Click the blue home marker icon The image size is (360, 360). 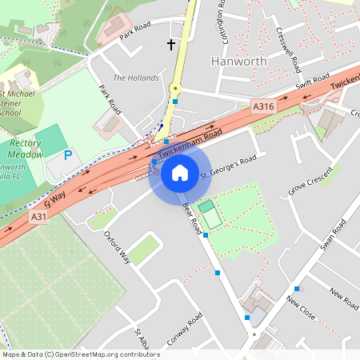click(180, 172)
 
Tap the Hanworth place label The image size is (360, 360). click(234, 61)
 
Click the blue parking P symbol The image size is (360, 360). click(67, 155)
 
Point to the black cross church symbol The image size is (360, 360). click(170, 44)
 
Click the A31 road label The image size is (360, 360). click(38, 217)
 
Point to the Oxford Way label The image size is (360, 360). click(117, 247)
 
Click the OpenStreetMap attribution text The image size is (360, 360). click(80, 354)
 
